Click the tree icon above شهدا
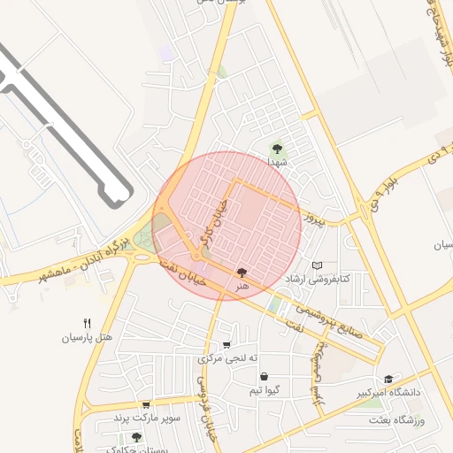pos(278,149)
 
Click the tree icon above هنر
pos(242,273)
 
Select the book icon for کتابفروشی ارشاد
pos(318,265)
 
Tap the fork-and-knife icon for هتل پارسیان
pos(87,324)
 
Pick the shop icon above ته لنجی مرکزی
pos(227,345)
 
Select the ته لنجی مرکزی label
pos(228,358)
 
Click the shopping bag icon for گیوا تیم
pos(264,377)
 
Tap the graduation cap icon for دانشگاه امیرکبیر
pos(388,379)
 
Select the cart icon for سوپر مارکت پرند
pos(146,404)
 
